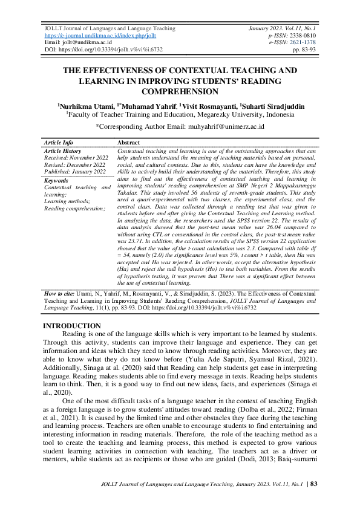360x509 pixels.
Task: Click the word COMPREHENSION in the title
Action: (x=180, y=91)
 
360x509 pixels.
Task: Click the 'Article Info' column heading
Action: (x=59, y=143)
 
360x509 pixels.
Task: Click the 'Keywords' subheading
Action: (x=56, y=180)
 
